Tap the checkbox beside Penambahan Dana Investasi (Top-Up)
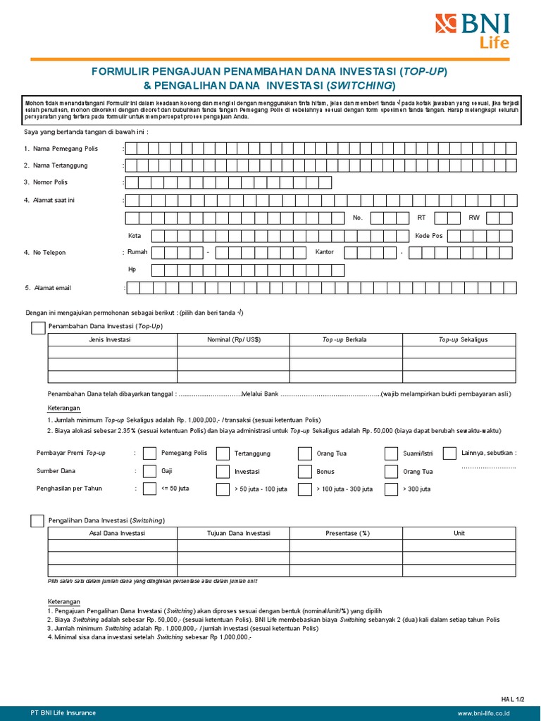point(37,327)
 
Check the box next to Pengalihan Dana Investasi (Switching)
point(37,520)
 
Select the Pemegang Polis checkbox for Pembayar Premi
point(149,453)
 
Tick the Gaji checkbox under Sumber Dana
point(149,471)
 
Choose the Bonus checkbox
point(304,471)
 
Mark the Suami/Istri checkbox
point(392,453)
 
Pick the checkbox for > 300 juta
point(392,489)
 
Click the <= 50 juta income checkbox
point(149,489)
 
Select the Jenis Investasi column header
point(112,339)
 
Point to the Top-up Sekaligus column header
point(463,339)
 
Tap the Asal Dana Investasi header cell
point(112,533)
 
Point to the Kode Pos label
point(429,236)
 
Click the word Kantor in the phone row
point(325,251)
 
